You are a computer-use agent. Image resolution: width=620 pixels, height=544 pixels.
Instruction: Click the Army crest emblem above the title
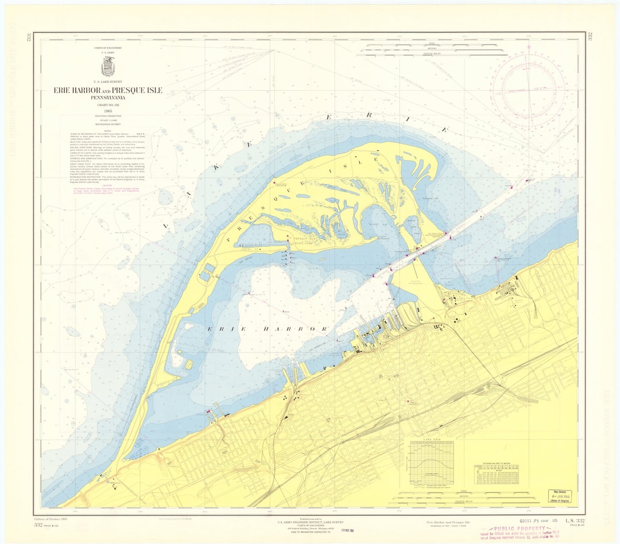click(108, 66)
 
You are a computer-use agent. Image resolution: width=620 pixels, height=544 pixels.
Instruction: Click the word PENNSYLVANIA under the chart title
click(108, 98)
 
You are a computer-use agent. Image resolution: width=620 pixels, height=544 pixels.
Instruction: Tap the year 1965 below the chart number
click(108, 110)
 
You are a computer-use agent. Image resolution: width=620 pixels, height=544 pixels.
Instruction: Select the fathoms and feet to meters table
click(497, 474)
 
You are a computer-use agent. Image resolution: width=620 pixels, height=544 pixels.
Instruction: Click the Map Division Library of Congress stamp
click(559, 495)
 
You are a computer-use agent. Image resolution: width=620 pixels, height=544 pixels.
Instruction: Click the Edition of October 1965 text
click(51, 519)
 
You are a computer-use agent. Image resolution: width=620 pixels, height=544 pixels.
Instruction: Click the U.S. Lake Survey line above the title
click(108, 82)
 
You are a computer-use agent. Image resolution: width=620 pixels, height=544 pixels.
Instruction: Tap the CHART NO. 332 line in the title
click(108, 104)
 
